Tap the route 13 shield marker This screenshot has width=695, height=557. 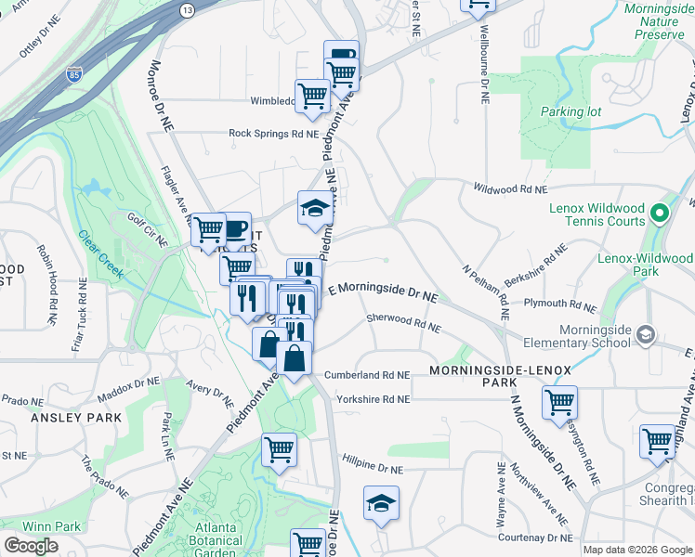[x=188, y=10]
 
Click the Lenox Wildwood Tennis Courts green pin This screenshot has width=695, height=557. [x=659, y=215]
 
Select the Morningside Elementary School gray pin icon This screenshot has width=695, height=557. [x=647, y=334]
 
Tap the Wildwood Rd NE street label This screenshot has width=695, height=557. [x=509, y=188]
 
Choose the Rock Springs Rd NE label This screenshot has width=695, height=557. [x=274, y=134]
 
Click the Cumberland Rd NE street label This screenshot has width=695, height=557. [x=367, y=375]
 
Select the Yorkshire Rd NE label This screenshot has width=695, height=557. [x=373, y=399]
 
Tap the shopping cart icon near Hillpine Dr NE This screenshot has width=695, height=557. [x=279, y=450]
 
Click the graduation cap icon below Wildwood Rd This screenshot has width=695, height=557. [x=315, y=208]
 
